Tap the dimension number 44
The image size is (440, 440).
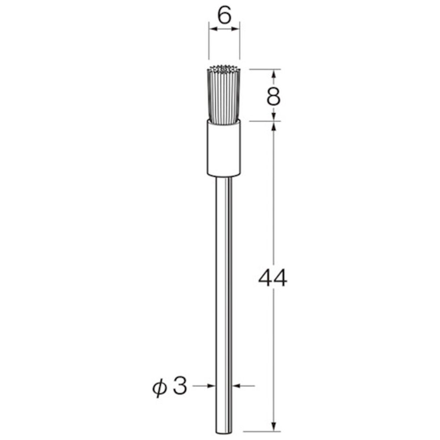[x=273, y=278]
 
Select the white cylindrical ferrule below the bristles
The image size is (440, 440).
[x=224, y=149]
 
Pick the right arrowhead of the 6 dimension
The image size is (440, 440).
[x=235, y=29]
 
